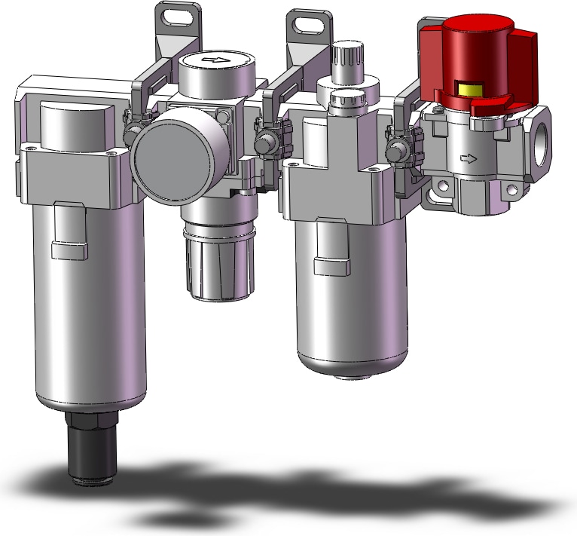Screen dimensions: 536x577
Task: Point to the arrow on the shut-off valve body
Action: click(x=468, y=159)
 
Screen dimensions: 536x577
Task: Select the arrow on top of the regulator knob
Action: click(x=216, y=60)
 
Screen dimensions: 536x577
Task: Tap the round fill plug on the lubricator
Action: click(x=350, y=98)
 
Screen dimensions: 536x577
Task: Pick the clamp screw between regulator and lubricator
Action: click(x=265, y=142)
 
